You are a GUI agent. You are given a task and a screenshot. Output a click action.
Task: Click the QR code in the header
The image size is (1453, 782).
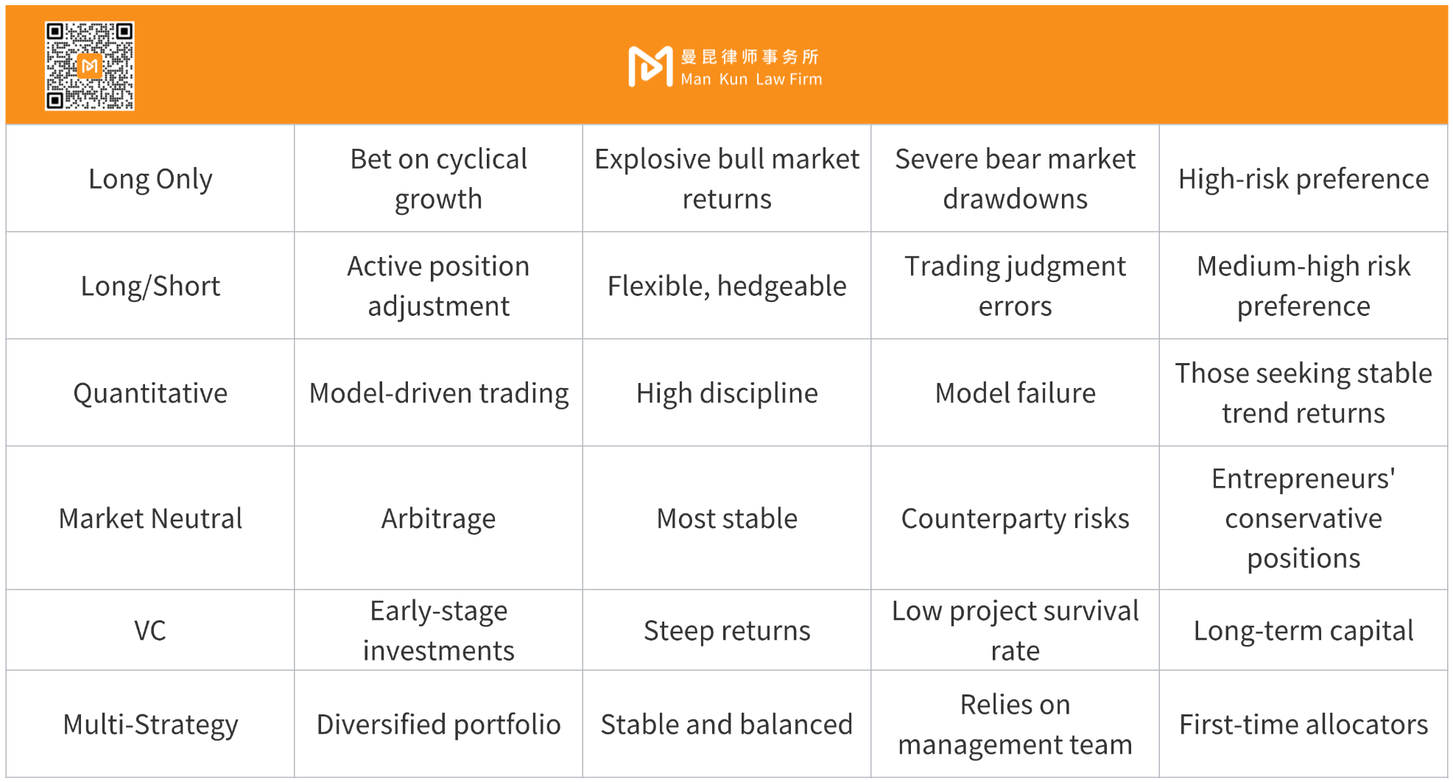click(x=90, y=66)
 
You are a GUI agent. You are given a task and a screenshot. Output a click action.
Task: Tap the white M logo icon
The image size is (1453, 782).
click(x=650, y=66)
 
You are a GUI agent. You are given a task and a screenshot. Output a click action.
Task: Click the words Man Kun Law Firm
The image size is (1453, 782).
click(x=751, y=80)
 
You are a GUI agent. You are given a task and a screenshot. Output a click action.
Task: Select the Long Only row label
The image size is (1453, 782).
click(x=150, y=179)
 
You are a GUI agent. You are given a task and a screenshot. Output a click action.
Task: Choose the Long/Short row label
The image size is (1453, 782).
click(x=150, y=286)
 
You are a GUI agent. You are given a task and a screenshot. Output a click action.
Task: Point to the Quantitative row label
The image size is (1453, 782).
click(x=150, y=393)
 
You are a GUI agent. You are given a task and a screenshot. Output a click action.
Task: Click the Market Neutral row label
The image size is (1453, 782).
click(x=150, y=518)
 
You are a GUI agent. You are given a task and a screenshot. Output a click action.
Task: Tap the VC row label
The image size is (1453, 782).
click(x=150, y=630)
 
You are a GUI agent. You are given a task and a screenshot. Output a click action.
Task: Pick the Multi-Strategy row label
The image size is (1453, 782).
click(x=150, y=725)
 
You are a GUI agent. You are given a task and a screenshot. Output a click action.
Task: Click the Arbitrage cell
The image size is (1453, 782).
click(x=438, y=519)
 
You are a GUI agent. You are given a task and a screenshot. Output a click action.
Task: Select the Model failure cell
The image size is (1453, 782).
click(x=1015, y=393)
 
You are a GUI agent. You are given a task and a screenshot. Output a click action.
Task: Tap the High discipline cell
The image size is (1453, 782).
click(x=727, y=393)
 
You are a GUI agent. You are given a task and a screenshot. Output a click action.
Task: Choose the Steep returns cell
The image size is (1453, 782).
click(x=727, y=631)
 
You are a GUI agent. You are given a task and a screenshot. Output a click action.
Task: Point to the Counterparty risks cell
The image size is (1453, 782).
click(x=1015, y=519)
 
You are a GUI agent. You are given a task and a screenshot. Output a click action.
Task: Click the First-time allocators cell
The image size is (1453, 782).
click(x=1304, y=725)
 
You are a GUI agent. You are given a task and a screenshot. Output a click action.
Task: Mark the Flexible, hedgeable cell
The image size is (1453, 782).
click(x=727, y=286)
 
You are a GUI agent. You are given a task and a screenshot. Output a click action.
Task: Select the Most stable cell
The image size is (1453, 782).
click(x=727, y=518)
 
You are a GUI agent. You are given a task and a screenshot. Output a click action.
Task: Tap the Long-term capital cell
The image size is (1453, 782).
click(x=1304, y=631)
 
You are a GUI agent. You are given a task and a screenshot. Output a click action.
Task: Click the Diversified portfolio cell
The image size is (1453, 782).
click(x=438, y=725)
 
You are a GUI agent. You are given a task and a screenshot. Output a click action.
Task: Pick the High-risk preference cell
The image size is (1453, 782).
click(x=1304, y=179)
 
